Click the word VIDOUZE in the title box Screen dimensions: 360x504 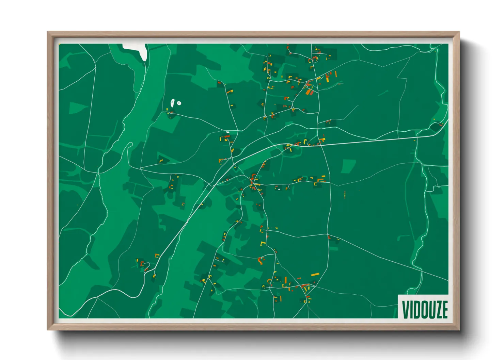(x=425, y=309)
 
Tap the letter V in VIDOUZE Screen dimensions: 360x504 (x=406, y=309)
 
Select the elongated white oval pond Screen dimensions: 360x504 (x=173, y=102)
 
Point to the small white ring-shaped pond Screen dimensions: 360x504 (x=179, y=103)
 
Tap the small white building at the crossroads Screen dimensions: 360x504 (x=227, y=132)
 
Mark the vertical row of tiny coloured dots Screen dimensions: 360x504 (x=345, y=195)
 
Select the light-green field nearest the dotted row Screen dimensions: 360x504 (x=348, y=166)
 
